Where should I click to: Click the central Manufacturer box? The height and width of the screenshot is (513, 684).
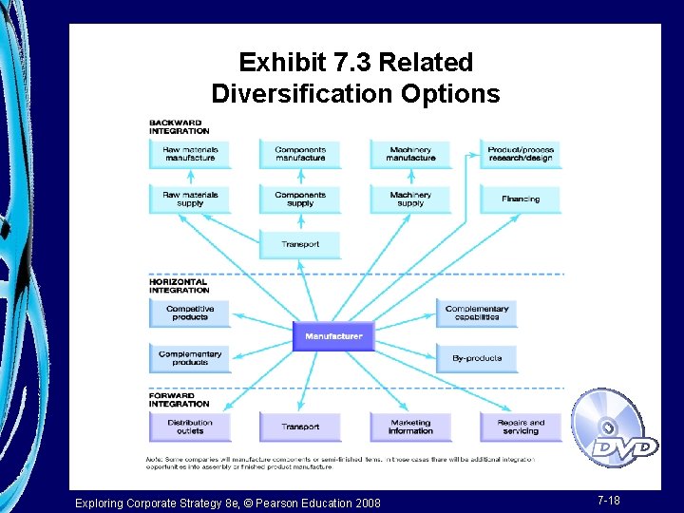click(333, 336)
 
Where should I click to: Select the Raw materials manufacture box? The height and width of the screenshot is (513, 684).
click(190, 154)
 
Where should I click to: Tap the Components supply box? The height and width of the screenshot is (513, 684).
click(300, 199)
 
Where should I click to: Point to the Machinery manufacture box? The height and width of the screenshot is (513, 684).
click(410, 154)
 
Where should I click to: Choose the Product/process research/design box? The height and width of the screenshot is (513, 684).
click(521, 154)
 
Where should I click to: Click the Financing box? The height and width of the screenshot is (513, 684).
click(521, 199)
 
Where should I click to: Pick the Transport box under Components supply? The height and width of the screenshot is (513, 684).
click(300, 244)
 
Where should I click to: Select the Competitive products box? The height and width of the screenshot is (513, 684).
click(190, 313)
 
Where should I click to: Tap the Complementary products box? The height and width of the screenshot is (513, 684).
click(190, 358)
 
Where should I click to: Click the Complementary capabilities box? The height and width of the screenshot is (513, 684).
click(477, 313)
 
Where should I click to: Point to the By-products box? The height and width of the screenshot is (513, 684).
click(477, 358)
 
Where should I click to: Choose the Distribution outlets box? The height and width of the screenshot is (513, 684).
click(190, 427)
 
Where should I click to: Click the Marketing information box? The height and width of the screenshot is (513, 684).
click(410, 427)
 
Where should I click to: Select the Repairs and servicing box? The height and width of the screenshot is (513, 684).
click(521, 427)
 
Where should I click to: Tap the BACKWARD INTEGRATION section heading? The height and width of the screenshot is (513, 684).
click(179, 126)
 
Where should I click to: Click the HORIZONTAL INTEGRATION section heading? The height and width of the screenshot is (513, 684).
click(179, 286)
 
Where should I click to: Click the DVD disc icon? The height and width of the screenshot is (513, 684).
click(614, 429)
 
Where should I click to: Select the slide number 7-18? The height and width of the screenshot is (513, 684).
click(609, 500)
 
